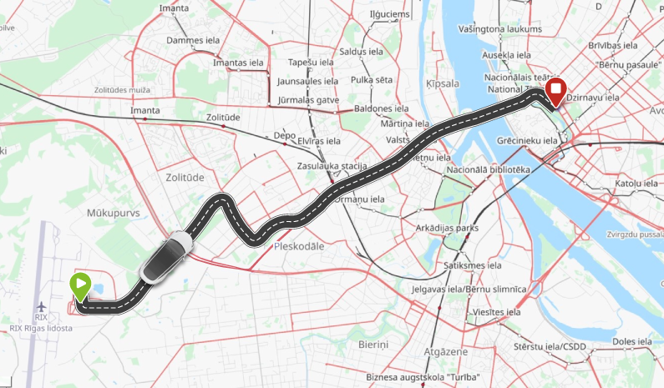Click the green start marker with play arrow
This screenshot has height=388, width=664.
coord(80,286)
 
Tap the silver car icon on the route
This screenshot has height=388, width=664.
coord(166,258)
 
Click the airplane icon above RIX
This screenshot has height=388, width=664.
coord(41,306)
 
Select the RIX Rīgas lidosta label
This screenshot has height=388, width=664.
coord(41,328)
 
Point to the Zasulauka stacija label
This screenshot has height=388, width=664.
coord(332,166)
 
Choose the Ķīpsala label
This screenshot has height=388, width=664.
coord(443,84)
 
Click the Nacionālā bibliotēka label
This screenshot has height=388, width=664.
coord(489,170)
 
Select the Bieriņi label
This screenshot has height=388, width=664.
coord(373,345)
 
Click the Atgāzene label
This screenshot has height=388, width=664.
coord(446,352)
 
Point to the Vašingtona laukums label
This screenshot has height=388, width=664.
coord(500,29)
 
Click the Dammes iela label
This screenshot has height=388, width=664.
coord(191,39)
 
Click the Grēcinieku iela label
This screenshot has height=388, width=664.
coord(526,141)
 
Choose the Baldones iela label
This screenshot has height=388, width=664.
coord(379,108)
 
